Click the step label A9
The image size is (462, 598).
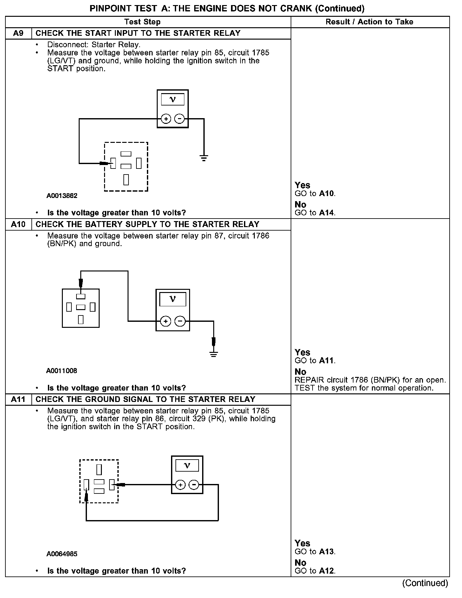click(x=18, y=33)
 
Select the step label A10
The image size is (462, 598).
click(x=18, y=224)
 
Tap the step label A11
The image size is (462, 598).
click(x=18, y=399)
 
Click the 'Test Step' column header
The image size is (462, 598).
click(x=142, y=22)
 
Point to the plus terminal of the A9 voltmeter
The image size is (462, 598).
click(x=166, y=119)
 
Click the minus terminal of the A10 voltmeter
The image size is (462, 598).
click(x=180, y=321)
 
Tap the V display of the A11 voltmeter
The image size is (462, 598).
click(x=187, y=466)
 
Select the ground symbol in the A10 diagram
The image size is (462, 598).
click(x=214, y=354)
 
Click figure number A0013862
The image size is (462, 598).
click(x=62, y=196)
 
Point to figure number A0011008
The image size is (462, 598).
click(x=62, y=371)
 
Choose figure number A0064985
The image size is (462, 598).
click(x=62, y=554)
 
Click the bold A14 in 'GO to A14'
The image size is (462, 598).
click(x=327, y=213)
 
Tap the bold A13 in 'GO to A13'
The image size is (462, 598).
click(x=327, y=552)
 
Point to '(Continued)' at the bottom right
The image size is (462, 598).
click(x=425, y=583)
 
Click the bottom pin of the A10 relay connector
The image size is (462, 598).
click(x=81, y=320)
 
